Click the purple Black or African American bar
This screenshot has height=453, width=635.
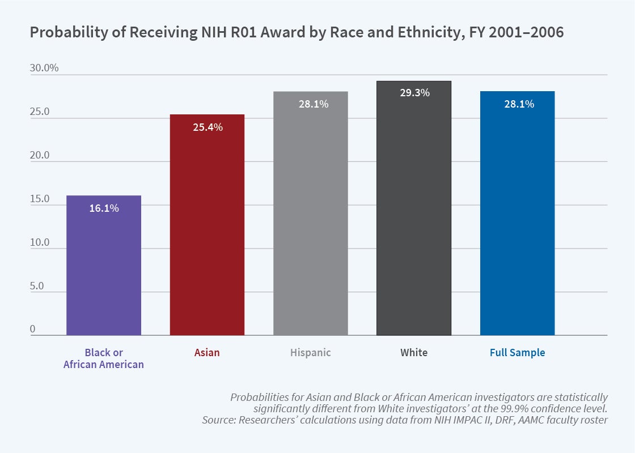point(104,266)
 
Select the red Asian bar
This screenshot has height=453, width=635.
point(207,226)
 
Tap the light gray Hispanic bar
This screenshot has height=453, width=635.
point(310,215)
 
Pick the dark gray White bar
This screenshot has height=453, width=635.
point(414,210)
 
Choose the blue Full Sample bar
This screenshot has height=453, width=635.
point(517,215)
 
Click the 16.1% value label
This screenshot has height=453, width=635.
point(104,208)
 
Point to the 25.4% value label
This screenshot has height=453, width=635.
point(207,127)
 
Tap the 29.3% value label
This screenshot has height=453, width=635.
point(414,93)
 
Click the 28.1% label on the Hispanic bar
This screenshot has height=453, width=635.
point(311,104)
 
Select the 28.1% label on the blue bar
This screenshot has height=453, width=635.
point(518,104)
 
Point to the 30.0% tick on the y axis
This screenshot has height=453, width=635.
point(44,68)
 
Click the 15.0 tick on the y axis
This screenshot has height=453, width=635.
point(40,199)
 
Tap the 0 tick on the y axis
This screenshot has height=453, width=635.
point(33,330)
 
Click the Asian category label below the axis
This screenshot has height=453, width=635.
point(207,353)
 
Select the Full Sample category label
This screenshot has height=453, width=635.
point(517,353)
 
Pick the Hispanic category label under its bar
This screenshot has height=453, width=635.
point(310,353)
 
